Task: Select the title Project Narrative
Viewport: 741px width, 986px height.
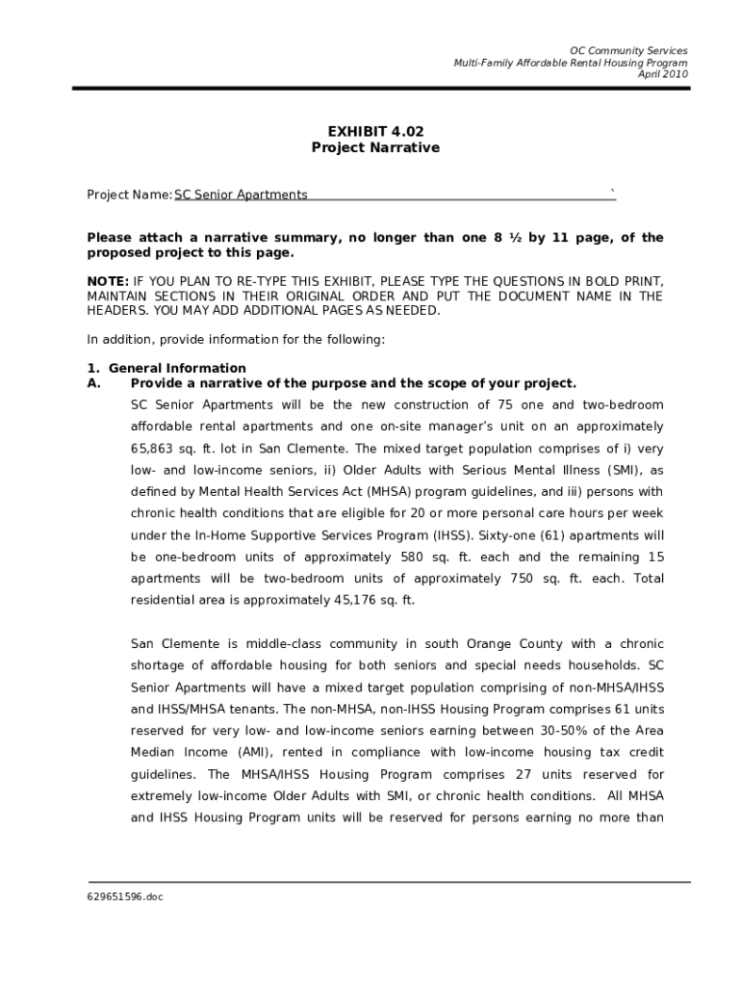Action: (374, 148)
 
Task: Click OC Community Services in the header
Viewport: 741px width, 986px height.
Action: (628, 50)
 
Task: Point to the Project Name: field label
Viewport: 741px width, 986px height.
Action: (129, 195)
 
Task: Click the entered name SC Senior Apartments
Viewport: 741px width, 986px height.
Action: (241, 195)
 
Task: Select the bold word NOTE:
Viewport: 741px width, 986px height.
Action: (108, 282)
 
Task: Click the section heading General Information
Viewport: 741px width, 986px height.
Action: (177, 369)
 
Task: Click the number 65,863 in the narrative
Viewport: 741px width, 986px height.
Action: (154, 449)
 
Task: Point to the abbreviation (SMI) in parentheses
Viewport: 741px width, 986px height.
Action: (600, 471)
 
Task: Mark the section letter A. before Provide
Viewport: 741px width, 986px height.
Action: (94, 383)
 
